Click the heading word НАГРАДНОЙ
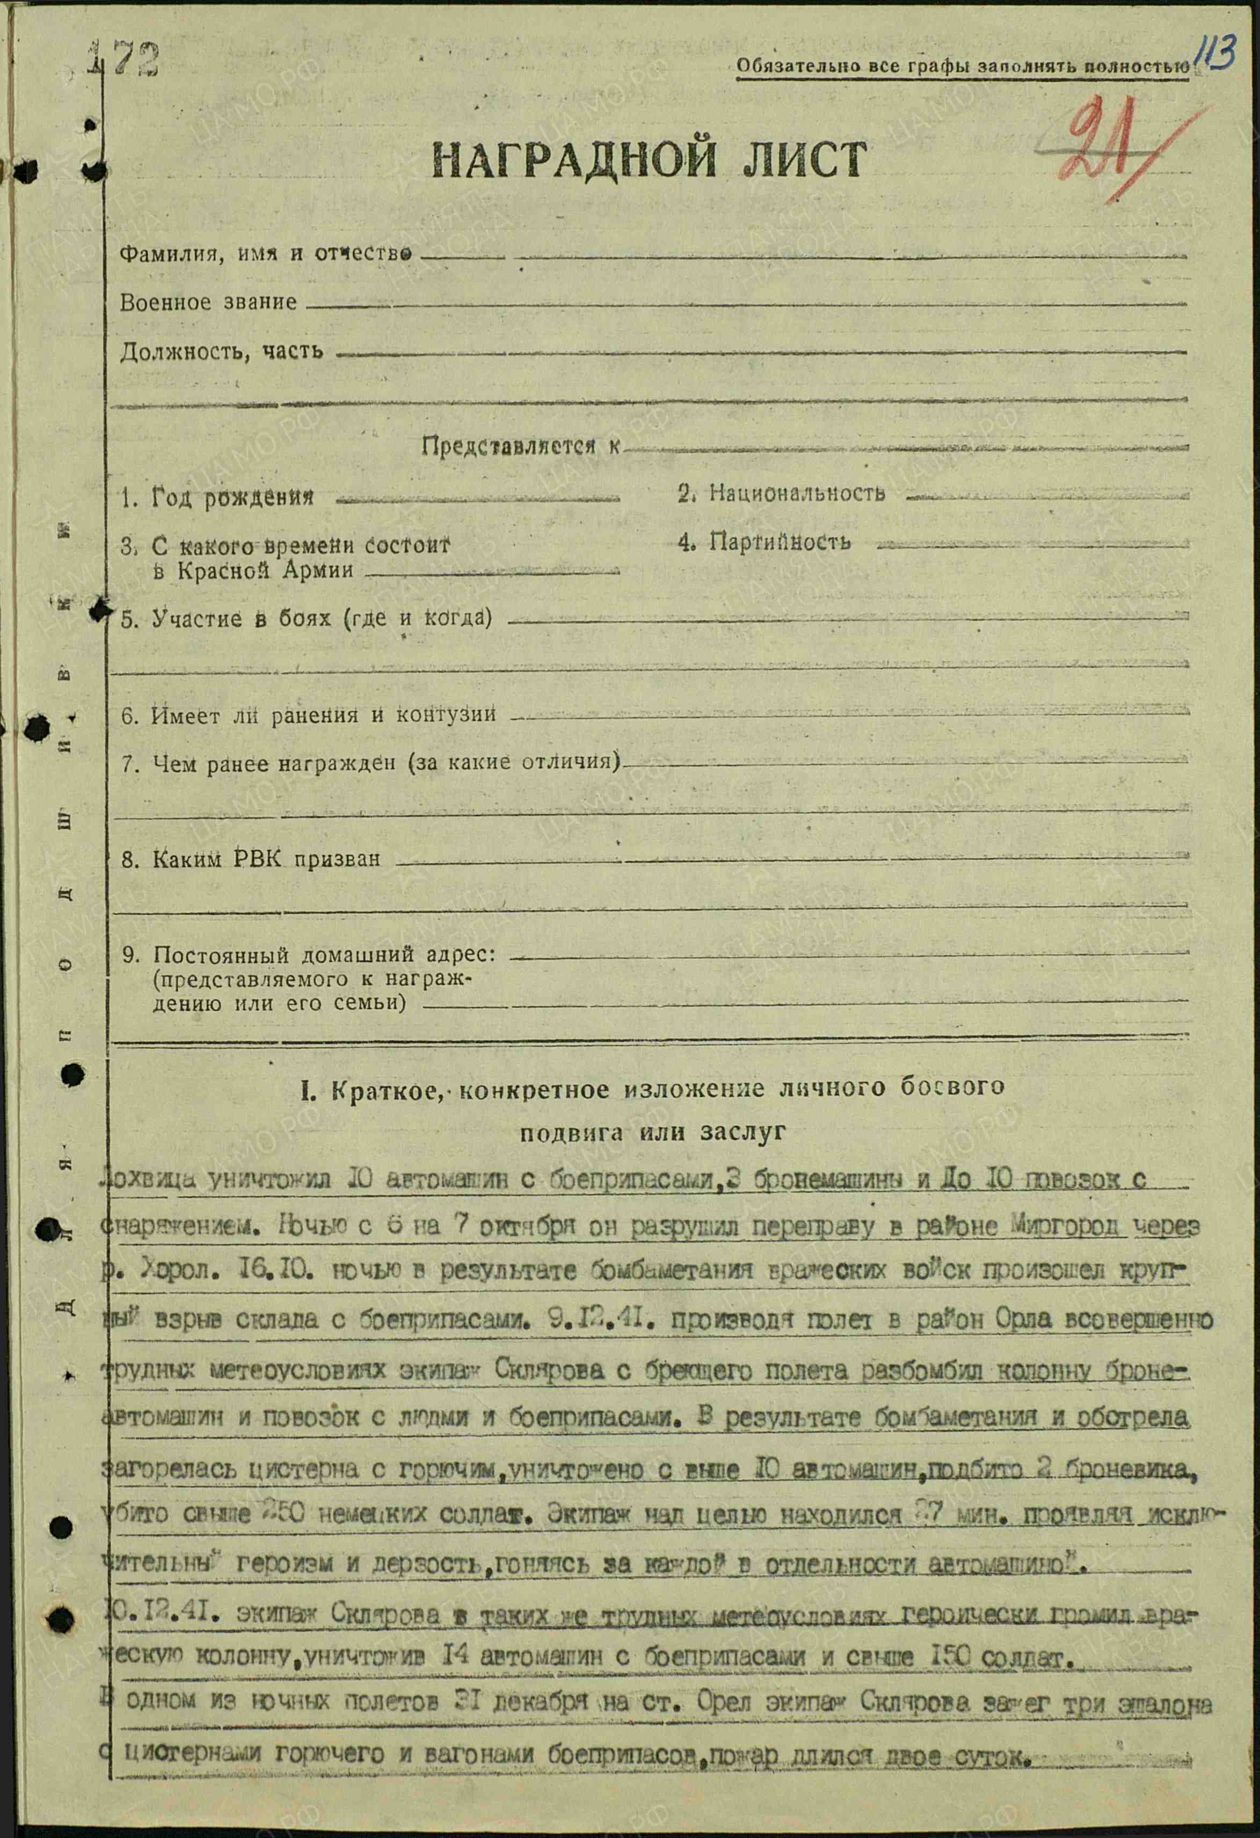(x=574, y=159)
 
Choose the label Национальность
(x=797, y=494)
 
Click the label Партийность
(x=780, y=542)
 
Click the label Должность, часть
(x=221, y=351)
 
